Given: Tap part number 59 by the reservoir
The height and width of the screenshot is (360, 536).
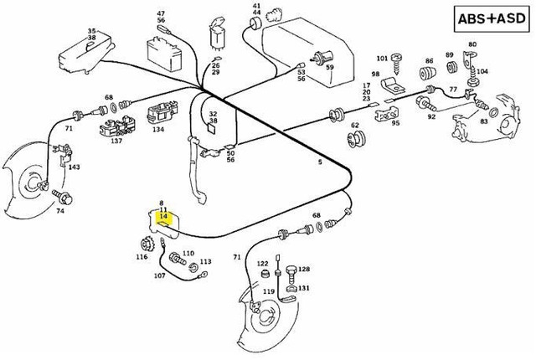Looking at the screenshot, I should [330, 67].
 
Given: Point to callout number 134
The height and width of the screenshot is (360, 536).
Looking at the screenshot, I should [158, 130].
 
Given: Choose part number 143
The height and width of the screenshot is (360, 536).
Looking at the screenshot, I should [75, 167].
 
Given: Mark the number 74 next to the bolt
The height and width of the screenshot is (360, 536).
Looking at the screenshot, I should [59, 211].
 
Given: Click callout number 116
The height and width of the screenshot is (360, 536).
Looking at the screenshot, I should [142, 257].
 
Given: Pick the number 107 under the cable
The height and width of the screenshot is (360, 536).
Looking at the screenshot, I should [159, 275].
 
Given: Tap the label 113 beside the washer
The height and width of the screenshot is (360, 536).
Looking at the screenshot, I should [205, 261].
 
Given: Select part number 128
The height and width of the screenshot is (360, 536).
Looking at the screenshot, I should [304, 269].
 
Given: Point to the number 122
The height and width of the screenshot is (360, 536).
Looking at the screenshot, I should [262, 263].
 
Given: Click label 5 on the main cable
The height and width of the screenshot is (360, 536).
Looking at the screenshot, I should [319, 162].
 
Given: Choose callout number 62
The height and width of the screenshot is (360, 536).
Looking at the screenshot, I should [355, 126].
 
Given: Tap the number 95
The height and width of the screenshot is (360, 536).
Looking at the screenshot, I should [395, 123].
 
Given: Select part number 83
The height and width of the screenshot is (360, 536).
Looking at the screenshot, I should [483, 121].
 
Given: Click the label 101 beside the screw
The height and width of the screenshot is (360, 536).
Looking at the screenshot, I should [381, 59].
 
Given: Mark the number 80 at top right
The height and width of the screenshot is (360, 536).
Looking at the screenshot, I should [472, 44].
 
